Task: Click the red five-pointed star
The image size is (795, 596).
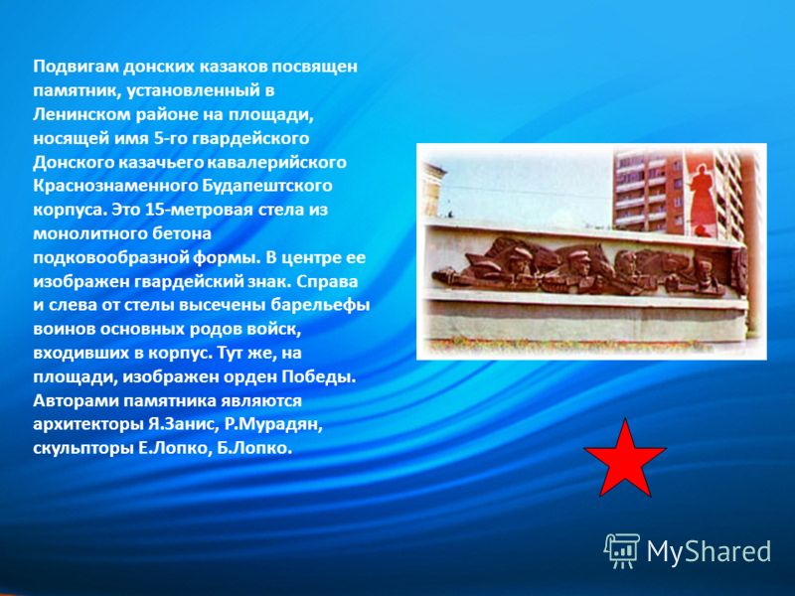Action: (x=625, y=460)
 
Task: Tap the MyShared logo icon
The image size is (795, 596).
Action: (x=622, y=551)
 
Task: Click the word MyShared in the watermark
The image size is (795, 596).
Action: (x=709, y=551)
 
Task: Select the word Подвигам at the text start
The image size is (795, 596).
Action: (x=77, y=67)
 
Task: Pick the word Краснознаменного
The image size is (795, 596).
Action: (x=115, y=186)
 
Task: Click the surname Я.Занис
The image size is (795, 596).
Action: (x=181, y=424)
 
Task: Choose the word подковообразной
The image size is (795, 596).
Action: (x=110, y=258)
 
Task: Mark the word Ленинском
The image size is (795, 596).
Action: (x=82, y=114)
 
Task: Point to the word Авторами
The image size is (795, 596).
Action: (x=77, y=401)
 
